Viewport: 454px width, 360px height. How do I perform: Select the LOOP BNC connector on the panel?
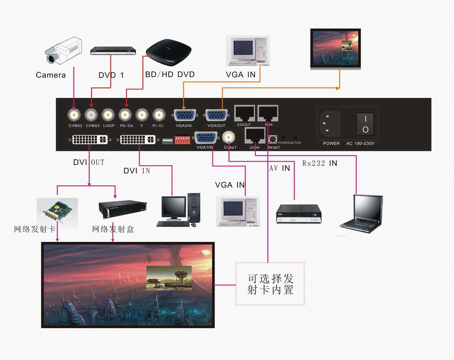pyautogui.click(x=108, y=114)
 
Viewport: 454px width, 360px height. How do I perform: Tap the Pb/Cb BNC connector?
pyautogui.click(x=125, y=114)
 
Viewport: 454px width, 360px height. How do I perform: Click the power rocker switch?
pyautogui.click(x=365, y=124)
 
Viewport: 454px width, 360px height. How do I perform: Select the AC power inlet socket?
pyautogui.click(x=331, y=124)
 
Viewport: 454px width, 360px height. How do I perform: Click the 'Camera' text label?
pyautogui.click(x=51, y=75)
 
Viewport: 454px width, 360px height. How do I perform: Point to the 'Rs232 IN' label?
pyautogui.click(x=320, y=163)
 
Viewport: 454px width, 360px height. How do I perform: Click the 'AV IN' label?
pyautogui.click(x=279, y=168)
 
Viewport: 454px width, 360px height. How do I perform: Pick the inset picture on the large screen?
pyautogui.click(x=169, y=278)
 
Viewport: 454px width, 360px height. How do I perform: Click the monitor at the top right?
pyautogui.click(x=336, y=49)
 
